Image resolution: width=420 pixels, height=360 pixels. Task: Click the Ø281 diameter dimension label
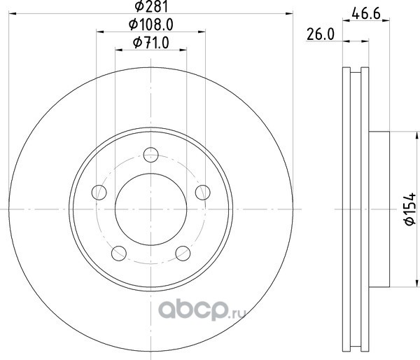pyautogui.click(x=151, y=6)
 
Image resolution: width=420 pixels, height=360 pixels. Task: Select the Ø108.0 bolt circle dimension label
pyautogui.click(x=151, y=25)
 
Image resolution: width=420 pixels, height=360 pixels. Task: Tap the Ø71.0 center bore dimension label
pyautogui.click(x=151, y=43)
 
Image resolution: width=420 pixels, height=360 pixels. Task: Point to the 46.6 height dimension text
pyautogui.click(x=366, y=13)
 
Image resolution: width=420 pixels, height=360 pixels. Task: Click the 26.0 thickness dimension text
pyautogui.click(x=321, y=34)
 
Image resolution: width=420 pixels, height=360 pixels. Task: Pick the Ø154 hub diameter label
pyautogui.click(x=409, y=209)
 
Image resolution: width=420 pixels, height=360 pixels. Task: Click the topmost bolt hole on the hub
pyautogui.click(x=151, y=155)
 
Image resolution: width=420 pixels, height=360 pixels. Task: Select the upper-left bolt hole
pyautogui.click(x=99, y=192)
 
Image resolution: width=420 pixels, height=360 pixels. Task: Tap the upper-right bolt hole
pyautogui.click(x=203, y=192)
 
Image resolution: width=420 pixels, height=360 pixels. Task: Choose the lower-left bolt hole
pyautogui.click(x=119, y=254)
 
